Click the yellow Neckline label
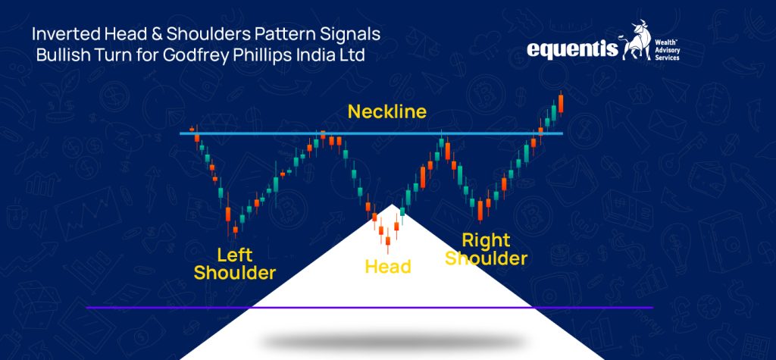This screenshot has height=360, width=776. click(387, 112)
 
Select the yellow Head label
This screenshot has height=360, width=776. click(388, 267)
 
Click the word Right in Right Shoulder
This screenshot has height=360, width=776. click(486, 240)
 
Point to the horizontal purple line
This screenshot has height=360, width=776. click(152, 308)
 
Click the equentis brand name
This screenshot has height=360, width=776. click(574, 51)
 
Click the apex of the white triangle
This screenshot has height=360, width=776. click(391, 206)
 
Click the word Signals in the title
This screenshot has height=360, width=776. click(348, 35)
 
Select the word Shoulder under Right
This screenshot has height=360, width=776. click(486, 258)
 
